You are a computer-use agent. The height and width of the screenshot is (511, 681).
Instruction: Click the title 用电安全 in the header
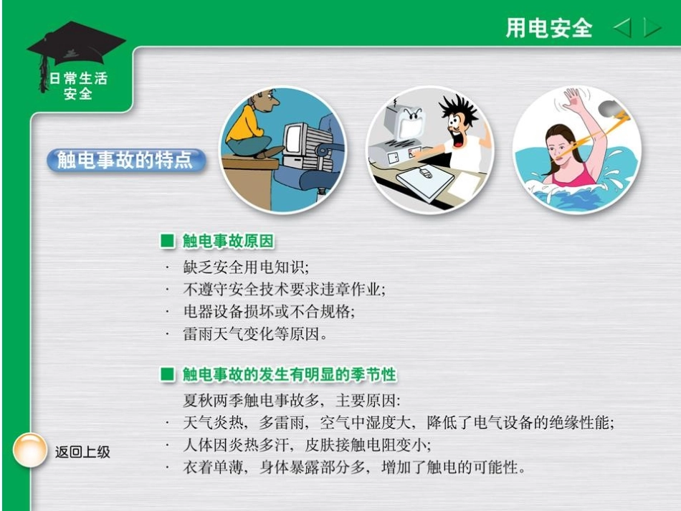click(x=549, y=28)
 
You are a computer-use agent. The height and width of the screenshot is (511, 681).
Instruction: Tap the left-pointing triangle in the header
click(x=622, y=29)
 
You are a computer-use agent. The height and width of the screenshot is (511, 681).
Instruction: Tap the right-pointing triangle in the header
click(x=652, y=29)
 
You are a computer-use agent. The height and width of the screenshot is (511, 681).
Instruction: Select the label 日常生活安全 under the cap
click(x=77, y=85)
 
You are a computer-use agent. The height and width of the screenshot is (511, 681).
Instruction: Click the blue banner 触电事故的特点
click(x=125, y=161)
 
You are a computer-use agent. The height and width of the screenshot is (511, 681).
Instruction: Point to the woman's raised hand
click(x=574, y=100)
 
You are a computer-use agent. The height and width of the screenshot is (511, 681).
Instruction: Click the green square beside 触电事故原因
click(x=167, y=242)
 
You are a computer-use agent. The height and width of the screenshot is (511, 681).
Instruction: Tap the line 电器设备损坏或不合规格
click(x=269, y=312)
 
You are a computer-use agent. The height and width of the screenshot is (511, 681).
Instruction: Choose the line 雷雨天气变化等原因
click(x=254, y=333)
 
